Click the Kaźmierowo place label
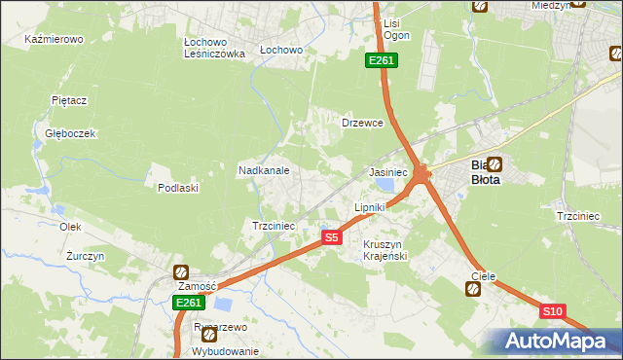point(54,40)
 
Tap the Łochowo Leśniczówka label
point(213,49)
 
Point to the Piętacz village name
point(69,100)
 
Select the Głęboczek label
point(63,133)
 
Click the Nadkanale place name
point(264,170)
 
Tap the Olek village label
point(69,226)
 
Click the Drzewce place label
point(362,124)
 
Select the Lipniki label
point(369,207)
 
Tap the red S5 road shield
point(332,237)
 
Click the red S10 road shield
point(552,311)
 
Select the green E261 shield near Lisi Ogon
point(381,61)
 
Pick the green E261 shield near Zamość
point(188,304)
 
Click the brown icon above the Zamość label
point(180,272)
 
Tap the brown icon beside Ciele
point(472,289)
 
